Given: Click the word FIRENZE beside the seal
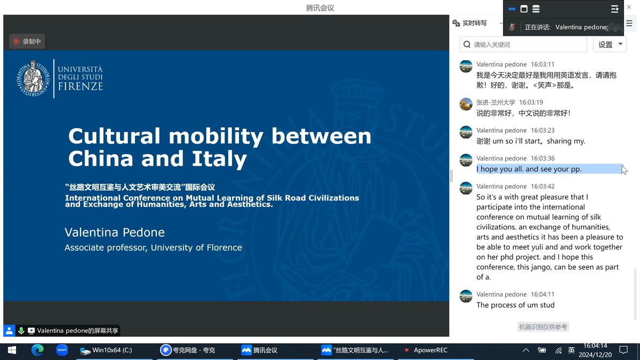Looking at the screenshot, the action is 81,86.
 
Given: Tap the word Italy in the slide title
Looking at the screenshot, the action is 219,158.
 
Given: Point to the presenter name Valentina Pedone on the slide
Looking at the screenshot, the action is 115,233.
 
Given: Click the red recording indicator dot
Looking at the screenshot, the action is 17,42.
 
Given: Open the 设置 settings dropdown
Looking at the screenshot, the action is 610,45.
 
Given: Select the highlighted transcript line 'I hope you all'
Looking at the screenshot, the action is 529,169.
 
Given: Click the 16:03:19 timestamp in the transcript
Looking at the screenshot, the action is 531,102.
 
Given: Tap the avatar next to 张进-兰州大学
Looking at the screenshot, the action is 466,104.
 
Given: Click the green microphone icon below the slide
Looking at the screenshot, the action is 21,331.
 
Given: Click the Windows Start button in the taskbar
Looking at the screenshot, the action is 12,350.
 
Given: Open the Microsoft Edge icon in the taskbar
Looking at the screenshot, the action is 37,350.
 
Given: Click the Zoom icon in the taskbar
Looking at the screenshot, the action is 62,350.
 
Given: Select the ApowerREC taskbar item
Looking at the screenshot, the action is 426,350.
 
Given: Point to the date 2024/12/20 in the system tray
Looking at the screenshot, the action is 595,355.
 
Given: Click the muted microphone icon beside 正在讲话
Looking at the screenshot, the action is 511,27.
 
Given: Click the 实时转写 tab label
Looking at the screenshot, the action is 474,23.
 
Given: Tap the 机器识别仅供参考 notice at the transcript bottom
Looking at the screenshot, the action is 543,327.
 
